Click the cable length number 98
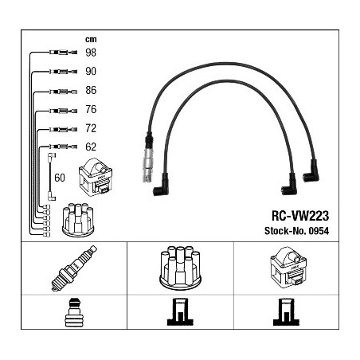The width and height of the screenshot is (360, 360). tap(91, 53)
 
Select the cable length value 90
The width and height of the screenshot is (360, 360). tap(91, 71)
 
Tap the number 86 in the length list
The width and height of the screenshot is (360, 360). tap(91, 90)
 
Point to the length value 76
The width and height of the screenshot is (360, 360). tap(91, 109)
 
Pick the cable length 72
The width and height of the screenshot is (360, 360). tap(91, 128)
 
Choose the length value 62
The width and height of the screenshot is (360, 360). tap(91, 147)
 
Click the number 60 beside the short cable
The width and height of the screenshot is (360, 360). tap(60, 178)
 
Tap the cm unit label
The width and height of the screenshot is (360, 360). tap(91, 40)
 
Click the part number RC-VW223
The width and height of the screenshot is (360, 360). tap(300, 216)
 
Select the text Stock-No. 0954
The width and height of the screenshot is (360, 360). tap(296, 231)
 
